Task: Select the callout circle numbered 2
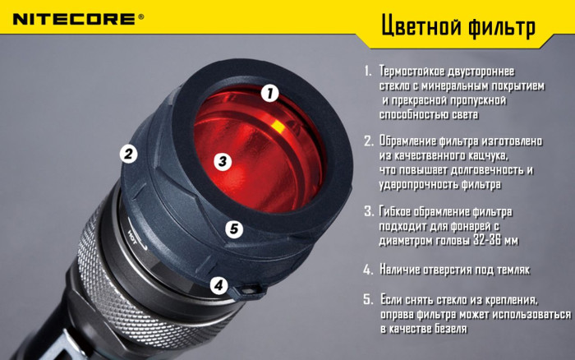127,152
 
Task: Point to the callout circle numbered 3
223,161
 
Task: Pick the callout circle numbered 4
218,285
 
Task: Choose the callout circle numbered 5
234,229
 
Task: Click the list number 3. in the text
367,212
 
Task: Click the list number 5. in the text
367,299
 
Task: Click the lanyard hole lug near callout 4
249,290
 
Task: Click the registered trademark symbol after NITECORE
140,14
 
